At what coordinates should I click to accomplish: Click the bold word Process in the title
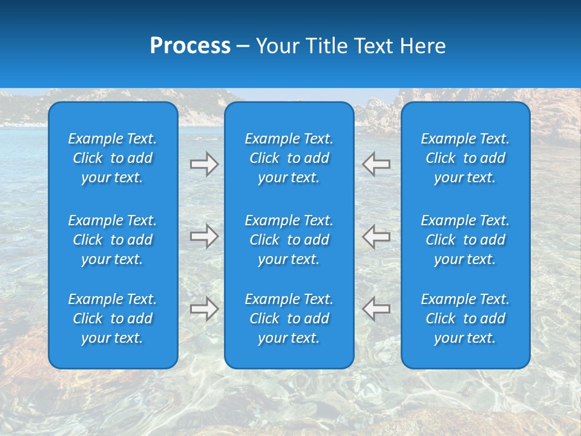coord(190,46)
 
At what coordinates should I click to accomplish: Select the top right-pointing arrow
coord(204,164)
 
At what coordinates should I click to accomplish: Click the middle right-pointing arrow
coord(204,236)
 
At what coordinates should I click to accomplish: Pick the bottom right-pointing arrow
coord(204,309)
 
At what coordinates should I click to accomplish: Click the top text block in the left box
coord(113,158)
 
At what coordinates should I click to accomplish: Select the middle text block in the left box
coord(113,240)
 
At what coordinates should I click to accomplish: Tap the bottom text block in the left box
coord(113,319)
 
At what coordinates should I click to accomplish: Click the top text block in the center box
coord(289,158)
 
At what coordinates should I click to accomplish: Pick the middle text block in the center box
coord(289,240)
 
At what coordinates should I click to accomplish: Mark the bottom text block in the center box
coord(289,319)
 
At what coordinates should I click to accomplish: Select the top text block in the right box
coord(465,158)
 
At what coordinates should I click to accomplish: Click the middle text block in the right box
coord(465,240)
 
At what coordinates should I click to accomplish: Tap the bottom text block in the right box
coord(465,319)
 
